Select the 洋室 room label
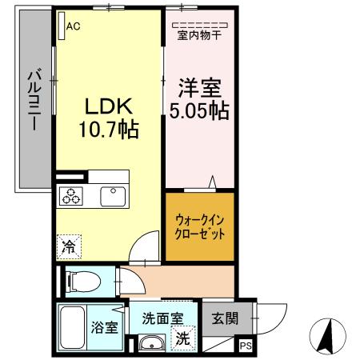coord(198,86)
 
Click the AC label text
coord(74,26)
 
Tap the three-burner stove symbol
coord(70,197)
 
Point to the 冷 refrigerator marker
coord(68,247)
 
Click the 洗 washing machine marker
coord(182,338)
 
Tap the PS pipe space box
coord(245,346)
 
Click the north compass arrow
coord(327,335)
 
